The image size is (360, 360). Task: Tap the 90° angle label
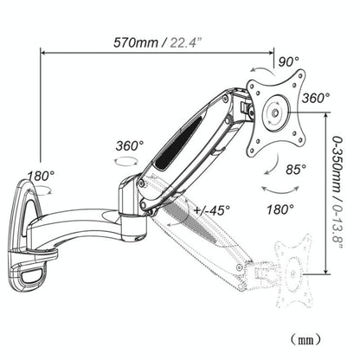point(289,61)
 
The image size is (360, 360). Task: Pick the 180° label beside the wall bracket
point(40,176)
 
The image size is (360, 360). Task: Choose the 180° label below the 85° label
point(279,209)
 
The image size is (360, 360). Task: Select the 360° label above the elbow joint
point(129,145)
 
